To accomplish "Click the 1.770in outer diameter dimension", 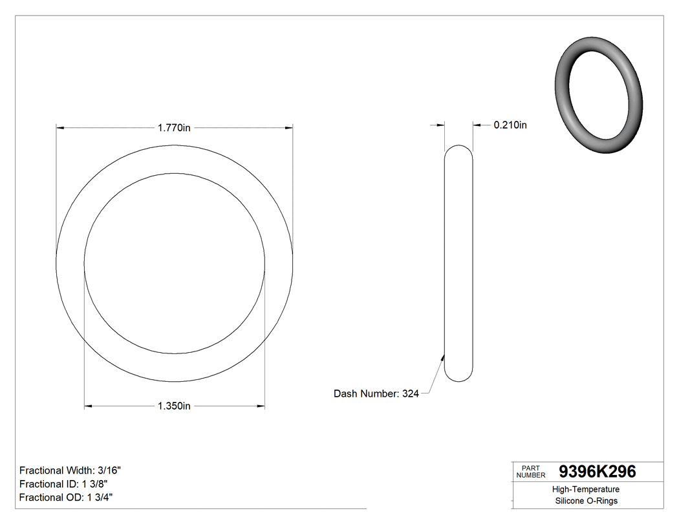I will (174, 128).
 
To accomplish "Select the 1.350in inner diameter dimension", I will (174, 406).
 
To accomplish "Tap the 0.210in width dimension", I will (510, 125).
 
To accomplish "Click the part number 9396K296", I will (597, 472).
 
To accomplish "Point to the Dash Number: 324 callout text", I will (376, 393).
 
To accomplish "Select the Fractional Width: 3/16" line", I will (70, 470).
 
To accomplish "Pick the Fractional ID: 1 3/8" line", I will (63, 484).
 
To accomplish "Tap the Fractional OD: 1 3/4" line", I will (67, 498).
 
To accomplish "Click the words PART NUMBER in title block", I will (531, 472).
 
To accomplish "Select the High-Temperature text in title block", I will (586, 489).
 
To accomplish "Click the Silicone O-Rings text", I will (586, 501).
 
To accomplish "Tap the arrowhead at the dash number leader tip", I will (443, 354).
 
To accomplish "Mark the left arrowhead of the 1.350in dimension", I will (89, 406).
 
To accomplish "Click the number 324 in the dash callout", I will (410, 393).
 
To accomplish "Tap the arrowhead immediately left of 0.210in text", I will (477, 125).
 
